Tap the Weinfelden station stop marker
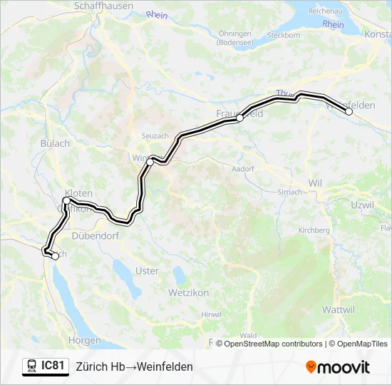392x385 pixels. click(x=349, y=111)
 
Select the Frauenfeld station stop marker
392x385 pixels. click(x=240, y=118)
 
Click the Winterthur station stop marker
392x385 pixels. click(x=150, y=163)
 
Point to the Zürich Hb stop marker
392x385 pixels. click(x=55, y=257)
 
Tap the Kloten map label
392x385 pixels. click(x=78, y=192)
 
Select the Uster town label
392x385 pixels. click(x=147, y=271)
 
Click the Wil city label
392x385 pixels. click(x=315, y=183)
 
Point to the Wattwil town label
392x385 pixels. click(x=338, y=309)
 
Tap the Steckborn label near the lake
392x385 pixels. click(x=283, y=34)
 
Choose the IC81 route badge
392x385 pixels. click(x=46, y=366)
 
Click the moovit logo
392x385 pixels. click(x=338, y=367)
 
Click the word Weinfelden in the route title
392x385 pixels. click(x=163, y=366)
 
